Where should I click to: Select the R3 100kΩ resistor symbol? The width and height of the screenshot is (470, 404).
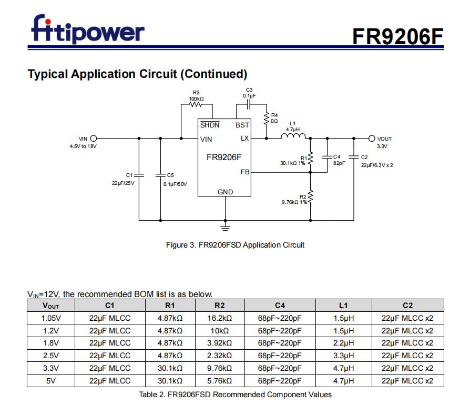196,104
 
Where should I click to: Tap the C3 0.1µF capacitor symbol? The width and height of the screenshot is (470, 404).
249,104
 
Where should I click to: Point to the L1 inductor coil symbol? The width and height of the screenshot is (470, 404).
293,138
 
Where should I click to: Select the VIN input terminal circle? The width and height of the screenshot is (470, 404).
94,139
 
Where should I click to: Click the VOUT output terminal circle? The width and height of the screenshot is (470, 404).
372,139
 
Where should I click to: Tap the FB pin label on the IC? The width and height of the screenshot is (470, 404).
245,172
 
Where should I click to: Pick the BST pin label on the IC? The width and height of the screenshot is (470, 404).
242,125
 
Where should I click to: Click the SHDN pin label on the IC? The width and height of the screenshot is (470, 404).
210,125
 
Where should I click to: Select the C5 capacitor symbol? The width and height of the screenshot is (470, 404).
160,174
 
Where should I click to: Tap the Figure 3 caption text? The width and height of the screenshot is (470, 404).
235,245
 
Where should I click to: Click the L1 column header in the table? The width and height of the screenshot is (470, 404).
343,306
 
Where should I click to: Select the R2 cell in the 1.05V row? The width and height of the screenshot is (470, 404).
220,318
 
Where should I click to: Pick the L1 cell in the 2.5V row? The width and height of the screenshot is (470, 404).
343,356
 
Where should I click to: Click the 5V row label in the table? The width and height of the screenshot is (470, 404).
51,381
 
